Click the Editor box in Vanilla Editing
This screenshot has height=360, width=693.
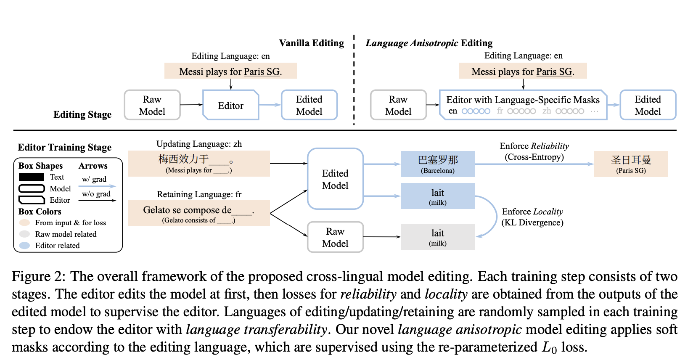[230, 105]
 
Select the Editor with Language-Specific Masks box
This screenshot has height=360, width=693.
[523, 105]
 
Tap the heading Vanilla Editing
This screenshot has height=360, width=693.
[311, 43]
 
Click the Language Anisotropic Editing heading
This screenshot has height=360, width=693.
[429, 43]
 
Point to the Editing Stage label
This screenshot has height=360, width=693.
[82, 114]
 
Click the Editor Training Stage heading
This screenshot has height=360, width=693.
[64, 147]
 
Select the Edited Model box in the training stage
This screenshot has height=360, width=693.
[335, 179]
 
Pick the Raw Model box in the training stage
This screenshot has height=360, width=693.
[335, 237]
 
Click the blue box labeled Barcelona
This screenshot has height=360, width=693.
[437, 164]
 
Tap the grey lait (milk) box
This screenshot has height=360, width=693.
[437, 237]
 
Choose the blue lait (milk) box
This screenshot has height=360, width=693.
[437, 196]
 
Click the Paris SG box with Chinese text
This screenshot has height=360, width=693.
[631, 164]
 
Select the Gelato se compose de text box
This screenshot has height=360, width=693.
[198, 213]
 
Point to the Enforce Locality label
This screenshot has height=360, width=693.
[532, 217]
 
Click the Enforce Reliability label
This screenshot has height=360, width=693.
[534, 151]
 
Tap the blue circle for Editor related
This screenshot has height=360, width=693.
[25, 245]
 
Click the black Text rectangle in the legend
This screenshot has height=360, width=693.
[32, 177]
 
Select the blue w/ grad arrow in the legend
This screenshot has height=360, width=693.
[97, 186]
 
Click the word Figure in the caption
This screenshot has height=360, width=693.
[31, 276]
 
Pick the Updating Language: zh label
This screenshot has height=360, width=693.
[199, 144]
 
